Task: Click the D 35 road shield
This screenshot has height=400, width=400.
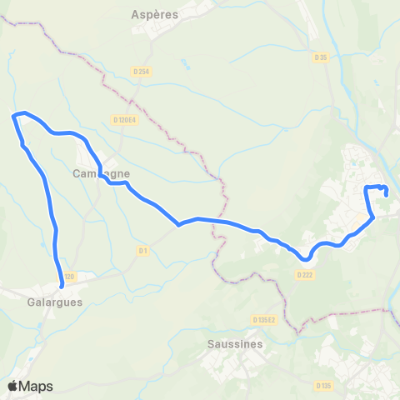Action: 321,57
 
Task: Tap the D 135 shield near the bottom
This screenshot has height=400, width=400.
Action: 323,386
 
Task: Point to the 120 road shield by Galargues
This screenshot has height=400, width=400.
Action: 67,277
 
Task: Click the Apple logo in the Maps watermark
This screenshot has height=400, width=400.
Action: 13,386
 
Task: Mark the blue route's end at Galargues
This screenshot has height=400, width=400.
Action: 62,287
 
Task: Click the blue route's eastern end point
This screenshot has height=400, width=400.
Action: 387,193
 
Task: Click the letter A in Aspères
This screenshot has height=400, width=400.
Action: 136,14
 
